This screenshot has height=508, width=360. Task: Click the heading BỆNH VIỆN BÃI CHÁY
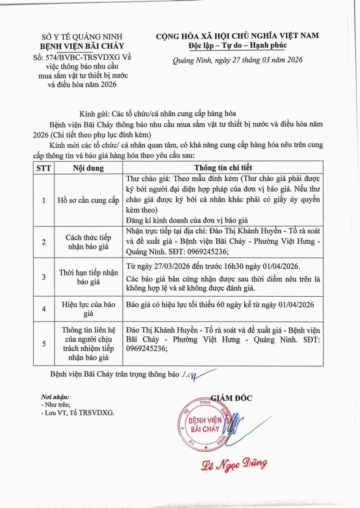[82, 46]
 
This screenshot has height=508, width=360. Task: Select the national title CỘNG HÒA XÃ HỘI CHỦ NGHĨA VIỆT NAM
[237, 36]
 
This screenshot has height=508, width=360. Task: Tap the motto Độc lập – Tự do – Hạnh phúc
[237, 45]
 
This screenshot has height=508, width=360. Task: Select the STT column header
[44, 168]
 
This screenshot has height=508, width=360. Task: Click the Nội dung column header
[88, 168]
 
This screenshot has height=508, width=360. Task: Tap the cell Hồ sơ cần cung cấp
[88, 201]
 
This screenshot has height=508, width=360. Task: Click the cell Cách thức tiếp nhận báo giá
[88, 242]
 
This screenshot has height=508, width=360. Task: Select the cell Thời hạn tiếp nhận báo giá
[88, 277]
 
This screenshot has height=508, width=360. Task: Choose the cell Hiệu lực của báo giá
[88, 308]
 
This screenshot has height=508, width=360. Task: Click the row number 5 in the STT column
[44, 344]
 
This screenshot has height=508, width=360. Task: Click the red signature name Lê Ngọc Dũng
[234, 464]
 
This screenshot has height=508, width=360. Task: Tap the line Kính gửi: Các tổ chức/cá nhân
[157, 114]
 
